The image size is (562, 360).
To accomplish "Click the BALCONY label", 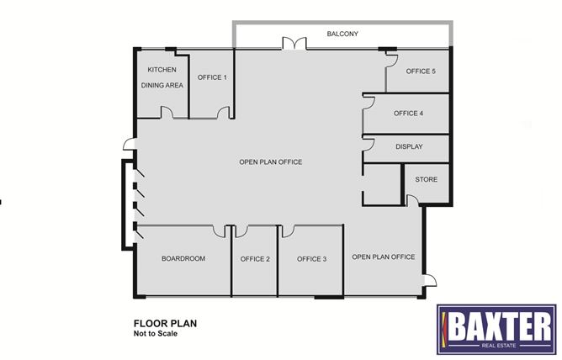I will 342,34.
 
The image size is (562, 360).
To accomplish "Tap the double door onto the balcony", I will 291,43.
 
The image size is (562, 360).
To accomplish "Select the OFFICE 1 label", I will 212,77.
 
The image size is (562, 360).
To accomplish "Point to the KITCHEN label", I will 161,70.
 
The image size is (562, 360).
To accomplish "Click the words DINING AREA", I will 161,85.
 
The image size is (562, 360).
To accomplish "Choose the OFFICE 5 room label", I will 421,71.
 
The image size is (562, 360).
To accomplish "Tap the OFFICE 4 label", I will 408,114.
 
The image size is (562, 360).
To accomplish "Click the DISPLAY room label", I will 409,147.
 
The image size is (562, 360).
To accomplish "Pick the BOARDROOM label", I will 183,259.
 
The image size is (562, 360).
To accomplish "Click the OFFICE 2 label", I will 255,259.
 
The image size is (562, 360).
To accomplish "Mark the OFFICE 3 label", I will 311,259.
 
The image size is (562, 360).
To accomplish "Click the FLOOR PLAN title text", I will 165,322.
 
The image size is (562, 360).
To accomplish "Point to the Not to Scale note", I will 155,333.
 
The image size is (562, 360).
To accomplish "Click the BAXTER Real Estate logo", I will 496,327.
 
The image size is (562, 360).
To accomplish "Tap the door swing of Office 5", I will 390,56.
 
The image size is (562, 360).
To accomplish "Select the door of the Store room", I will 412,200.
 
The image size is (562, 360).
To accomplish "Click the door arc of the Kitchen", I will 167,113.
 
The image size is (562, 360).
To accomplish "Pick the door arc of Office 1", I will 223,113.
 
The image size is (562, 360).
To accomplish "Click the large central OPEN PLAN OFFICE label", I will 271,162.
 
